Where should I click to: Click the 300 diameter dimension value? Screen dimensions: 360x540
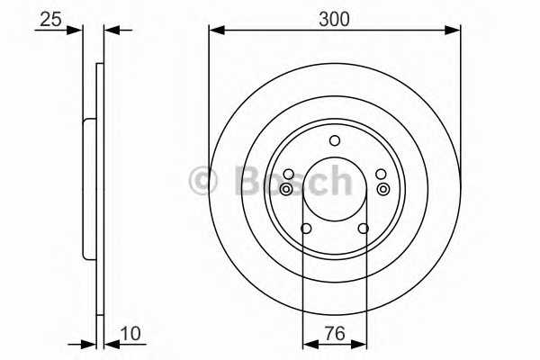click(334, 16)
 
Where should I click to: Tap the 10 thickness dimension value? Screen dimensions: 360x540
click(131, 334)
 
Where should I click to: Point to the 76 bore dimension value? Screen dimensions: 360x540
click(334, 334)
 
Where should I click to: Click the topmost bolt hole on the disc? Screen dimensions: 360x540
click(335, 140)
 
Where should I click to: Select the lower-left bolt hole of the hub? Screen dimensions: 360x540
click(305, 229)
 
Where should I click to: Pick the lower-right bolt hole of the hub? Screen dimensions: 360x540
click(364, 229)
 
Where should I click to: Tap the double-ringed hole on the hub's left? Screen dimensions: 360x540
click(286, 189)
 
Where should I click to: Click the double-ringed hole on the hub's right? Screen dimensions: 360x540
click(383, 189)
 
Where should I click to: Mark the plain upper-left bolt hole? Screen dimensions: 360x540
click(288, 174)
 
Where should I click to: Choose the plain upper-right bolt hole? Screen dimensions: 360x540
click(381, 174)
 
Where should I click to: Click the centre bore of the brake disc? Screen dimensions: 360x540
click(335, 191)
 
